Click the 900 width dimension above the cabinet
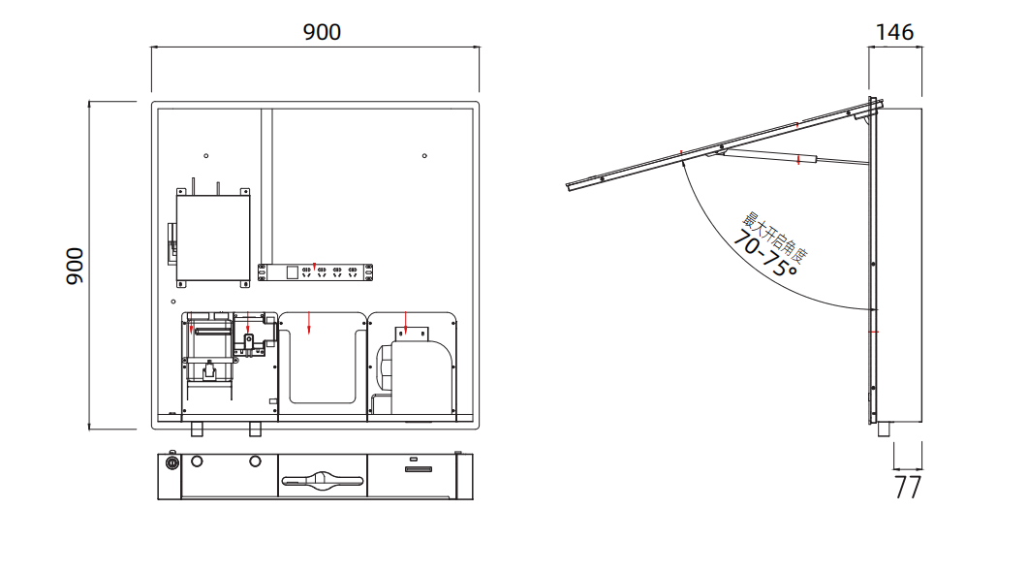tap(322, 32)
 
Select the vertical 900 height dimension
tap(75, 265)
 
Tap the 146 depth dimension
tap(893, 32)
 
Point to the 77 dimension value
tap(907, 487)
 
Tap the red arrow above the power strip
tap(314, 266)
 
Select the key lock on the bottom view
tap(172, 463)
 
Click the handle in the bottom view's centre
tap(322, 479)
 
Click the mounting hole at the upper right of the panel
tap(424, 156)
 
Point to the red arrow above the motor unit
tap(406, 320)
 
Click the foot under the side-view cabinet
tap(884, 430)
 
